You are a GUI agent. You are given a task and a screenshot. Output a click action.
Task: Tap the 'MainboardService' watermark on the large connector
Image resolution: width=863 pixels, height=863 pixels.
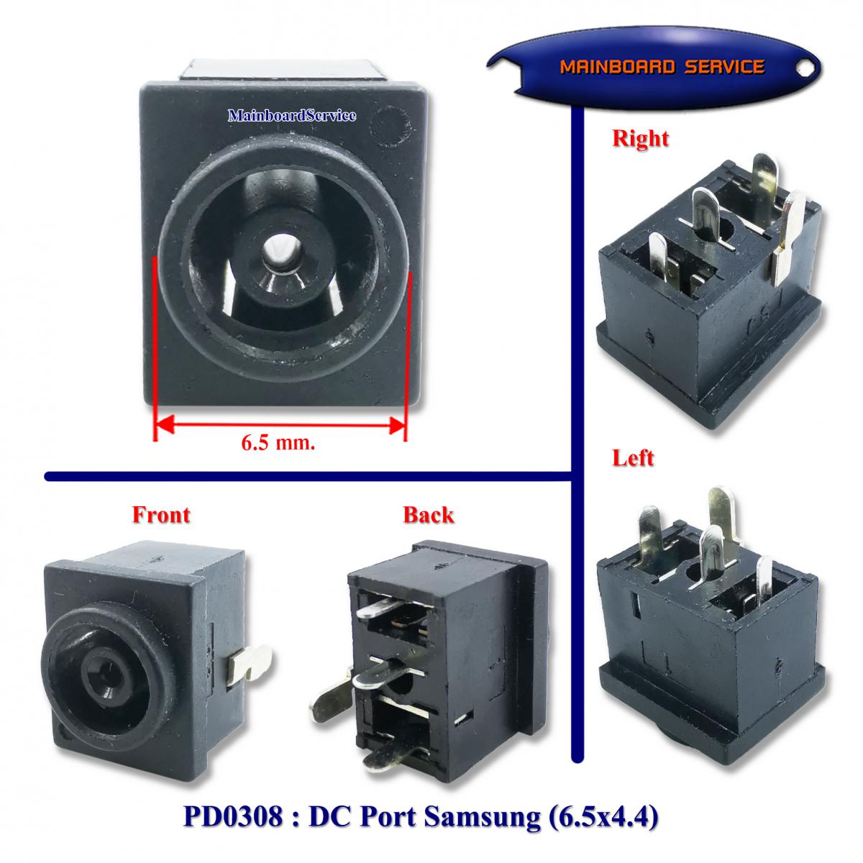coord(291,115)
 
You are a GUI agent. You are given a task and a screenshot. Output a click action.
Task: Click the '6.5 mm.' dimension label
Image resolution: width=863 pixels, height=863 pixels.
coord(278,443)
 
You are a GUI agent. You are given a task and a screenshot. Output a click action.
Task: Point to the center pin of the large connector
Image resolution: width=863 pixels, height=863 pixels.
coord(278,254)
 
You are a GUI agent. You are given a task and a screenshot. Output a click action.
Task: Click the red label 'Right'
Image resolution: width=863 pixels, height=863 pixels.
coord(640,138)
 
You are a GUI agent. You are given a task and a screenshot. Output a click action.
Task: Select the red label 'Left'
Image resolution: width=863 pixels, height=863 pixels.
coord(633,458)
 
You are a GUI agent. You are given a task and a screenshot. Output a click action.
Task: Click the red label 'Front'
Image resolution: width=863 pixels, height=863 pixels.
coord(161,514)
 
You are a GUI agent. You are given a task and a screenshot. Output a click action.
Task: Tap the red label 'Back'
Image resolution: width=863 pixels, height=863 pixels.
coord(428,514)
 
